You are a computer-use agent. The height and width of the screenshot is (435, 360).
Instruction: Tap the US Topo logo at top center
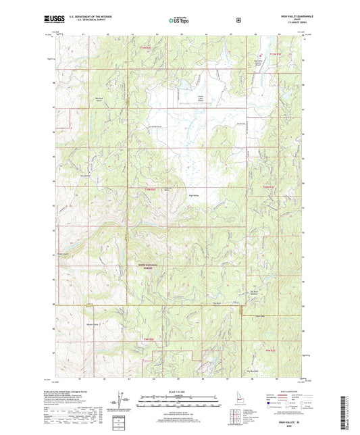(179, 21)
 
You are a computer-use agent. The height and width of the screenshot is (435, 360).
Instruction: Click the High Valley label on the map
(195, 196)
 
